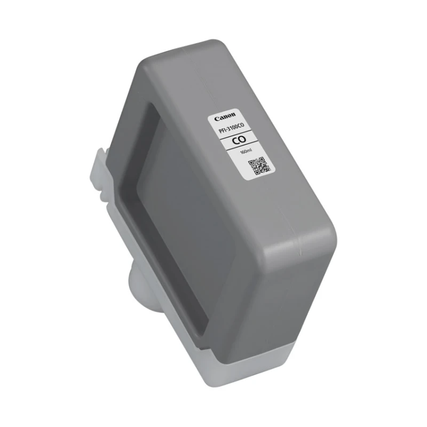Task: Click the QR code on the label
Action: (259, 166)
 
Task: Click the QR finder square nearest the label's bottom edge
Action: (256, 172)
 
